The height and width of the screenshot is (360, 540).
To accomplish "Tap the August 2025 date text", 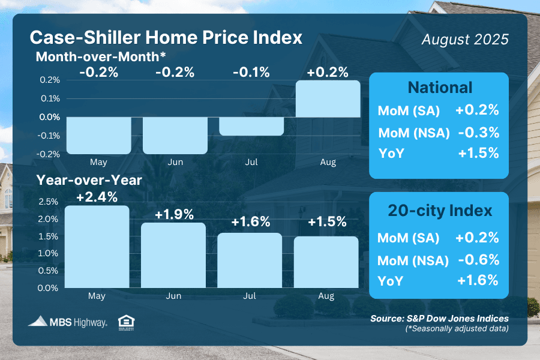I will click(x=465, y=40).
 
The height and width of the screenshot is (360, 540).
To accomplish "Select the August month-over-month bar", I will click(x=328, y=99).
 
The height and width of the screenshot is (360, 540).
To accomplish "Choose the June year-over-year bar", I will click(x=174, y=255).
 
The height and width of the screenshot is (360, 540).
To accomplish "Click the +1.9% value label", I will click(x=174, y=214).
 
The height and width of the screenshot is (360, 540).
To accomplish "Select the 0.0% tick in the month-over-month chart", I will click(x=51, y=117).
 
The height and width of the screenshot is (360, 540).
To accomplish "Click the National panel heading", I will click(x=440, y=88).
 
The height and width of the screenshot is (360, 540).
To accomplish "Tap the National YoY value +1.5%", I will click(x=478, y=153).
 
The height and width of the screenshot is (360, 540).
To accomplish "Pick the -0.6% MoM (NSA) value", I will click(x=478, y=260).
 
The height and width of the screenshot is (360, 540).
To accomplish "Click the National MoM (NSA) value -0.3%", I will click(x=478, y=132).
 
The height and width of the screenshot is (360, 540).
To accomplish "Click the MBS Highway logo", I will click(x=68, y=322).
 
